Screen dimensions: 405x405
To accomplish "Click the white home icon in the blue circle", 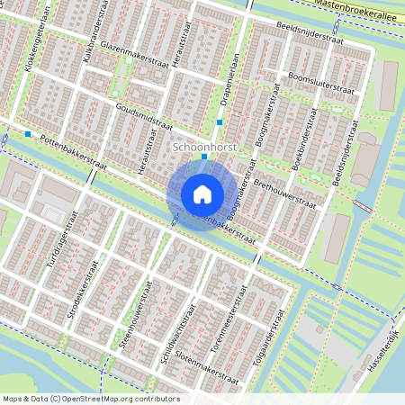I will pyautogui.click(x=202, y=194).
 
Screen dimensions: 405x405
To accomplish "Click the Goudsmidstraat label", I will pyautogui.click(x=144, y=120).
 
